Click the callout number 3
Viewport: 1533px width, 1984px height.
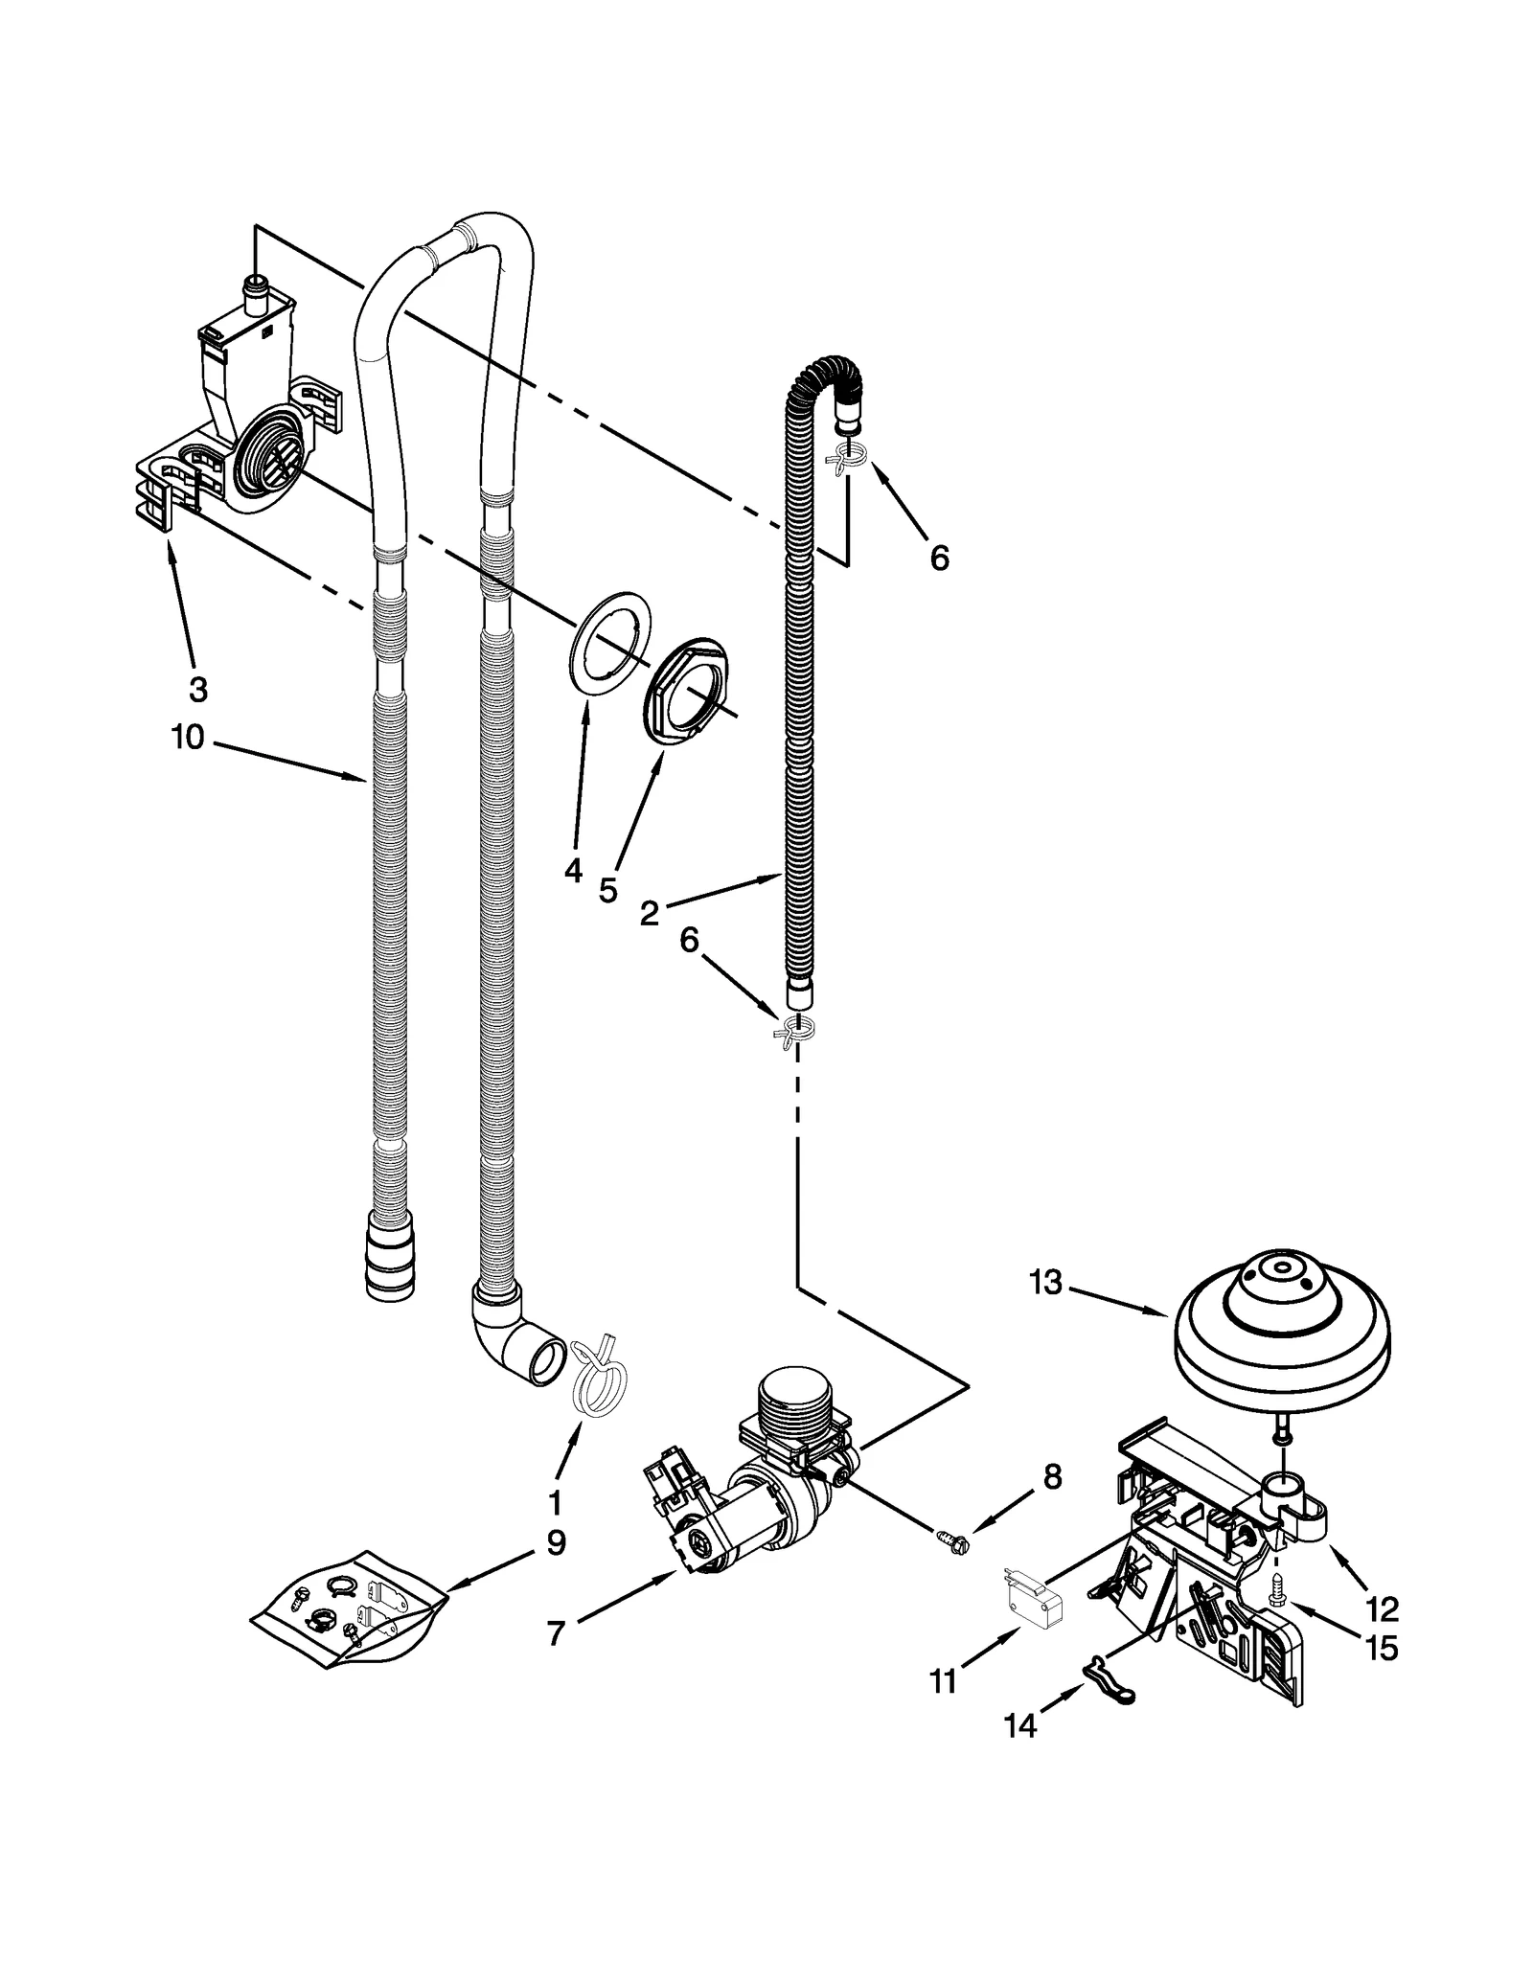point(196,689)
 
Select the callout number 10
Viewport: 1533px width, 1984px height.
point(188,738)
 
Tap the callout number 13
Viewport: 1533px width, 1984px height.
point(1046,1282)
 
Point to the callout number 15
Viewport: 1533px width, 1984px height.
point(1383,1649)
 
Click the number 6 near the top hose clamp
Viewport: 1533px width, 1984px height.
point(939,558)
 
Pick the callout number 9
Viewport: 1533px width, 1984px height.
point(555,1543)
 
